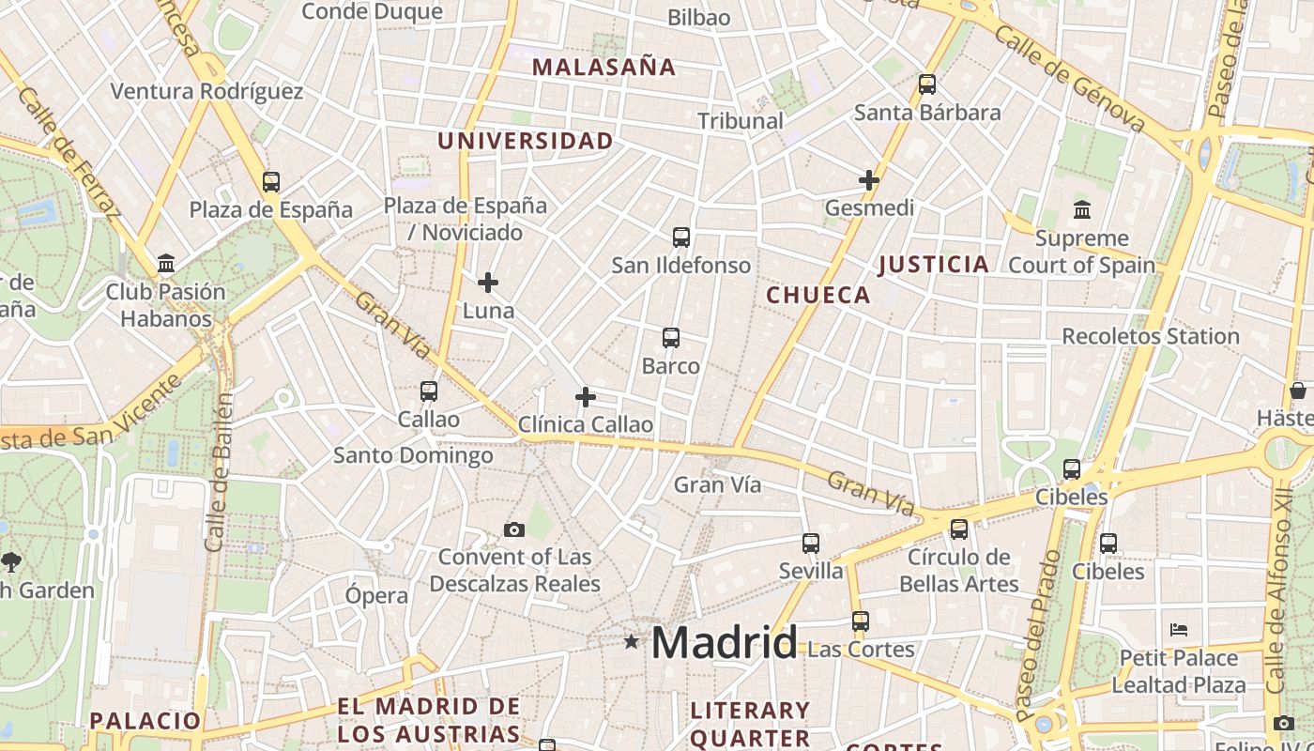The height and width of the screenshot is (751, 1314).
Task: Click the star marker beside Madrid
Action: pyautogui.click(x=632, y=642)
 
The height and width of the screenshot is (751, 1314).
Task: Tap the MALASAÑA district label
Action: pyautogui.click(x=604, y=67)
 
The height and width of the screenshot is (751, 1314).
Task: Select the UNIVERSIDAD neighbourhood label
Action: pyautogui.click(x=526, y=141)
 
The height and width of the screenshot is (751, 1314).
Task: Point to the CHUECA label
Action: pyautogui.click(x=818, y=295)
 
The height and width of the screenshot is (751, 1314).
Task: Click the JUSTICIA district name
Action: pyautogui.click(x=933, y=265)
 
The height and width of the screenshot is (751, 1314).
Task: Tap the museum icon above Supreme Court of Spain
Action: pyautogui.click(x=1081, y=209)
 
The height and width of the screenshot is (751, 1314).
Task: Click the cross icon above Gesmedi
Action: pyautogui.click(x=869, y=179)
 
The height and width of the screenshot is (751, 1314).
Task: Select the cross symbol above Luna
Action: pyautogui.click(x=488, y=282)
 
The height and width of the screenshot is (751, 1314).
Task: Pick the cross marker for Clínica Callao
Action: pyautogui.click(x=586, y=397)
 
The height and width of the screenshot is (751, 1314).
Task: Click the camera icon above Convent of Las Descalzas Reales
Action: pyautogui.click(x=513, y=529)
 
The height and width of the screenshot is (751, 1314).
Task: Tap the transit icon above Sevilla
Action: pyautogui.click(x=811, y=543)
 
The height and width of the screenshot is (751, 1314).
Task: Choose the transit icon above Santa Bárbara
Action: pyautogui.click(x=927, y=84)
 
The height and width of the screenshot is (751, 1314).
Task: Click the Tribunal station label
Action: pyautogui.click(x=741, y=120)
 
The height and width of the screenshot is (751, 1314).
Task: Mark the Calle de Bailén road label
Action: pyautogui.click(x=218, y=472)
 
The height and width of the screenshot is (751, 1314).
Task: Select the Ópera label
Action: pyautogui.click(x=377, y=595)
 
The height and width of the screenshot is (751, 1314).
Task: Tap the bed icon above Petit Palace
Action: pyautogui.click(x=1179, y=629)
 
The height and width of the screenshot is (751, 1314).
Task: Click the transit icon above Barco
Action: pyautogui.click(x=670, y=337)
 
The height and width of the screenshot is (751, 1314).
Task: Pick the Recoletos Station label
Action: pyautogui.click(x=1150, y=336)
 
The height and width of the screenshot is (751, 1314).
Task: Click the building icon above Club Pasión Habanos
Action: pyautogui.click(x=166, y=263)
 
